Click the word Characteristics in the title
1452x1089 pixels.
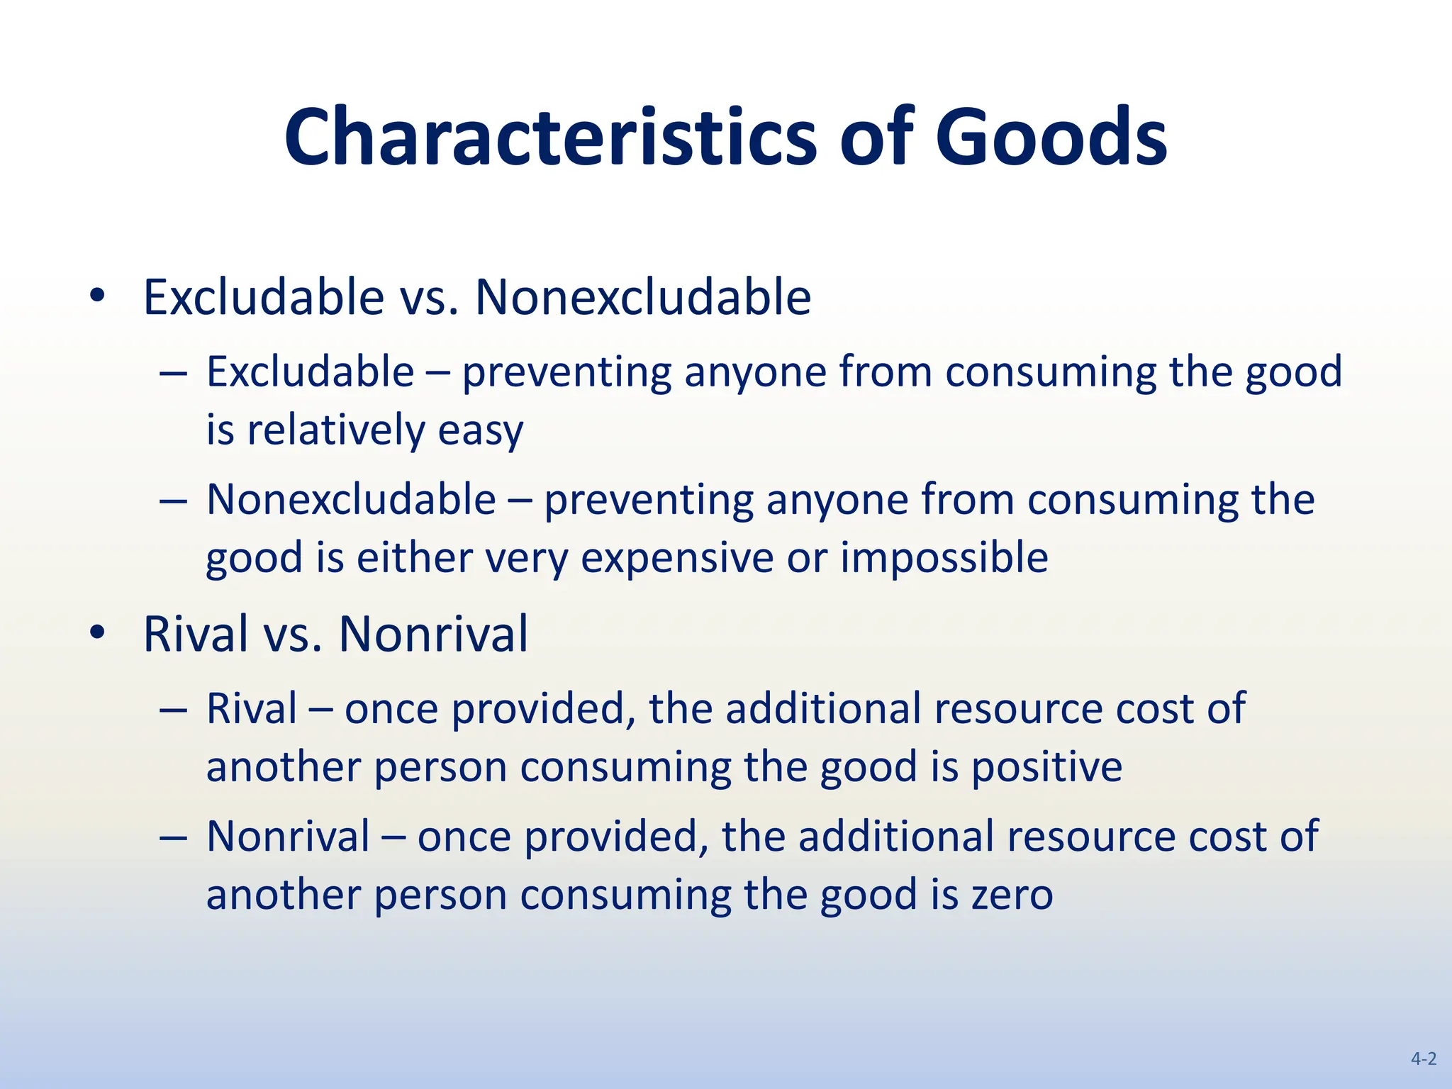550,137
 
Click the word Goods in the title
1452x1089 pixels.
1051,137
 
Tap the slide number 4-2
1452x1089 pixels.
1423,1059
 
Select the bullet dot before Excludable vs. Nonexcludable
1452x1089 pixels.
97,296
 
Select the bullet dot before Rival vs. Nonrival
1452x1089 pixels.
97,632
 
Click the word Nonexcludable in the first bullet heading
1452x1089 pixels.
642,297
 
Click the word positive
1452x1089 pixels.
1046,768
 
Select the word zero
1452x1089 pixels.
1012,895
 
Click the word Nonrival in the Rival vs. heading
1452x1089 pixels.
433,634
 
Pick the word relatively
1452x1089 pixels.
335,430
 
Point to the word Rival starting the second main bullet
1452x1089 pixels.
196,634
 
